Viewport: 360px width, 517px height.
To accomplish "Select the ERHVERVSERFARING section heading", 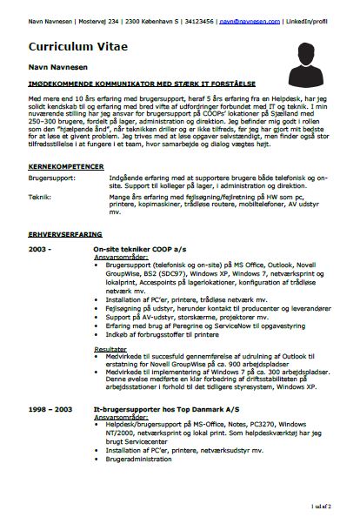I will (x=65, y=234).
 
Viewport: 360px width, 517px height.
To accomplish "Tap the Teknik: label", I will (x=40, y=198).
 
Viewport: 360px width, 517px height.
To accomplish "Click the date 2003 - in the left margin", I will (x=40, y=249).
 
